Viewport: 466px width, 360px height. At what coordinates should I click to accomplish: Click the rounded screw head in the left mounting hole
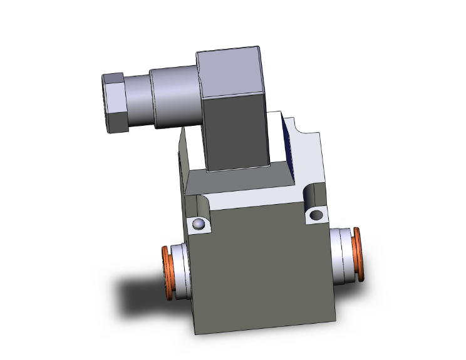[x=199, y=225]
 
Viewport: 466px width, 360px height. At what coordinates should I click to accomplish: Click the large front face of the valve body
[x=263, y=275]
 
